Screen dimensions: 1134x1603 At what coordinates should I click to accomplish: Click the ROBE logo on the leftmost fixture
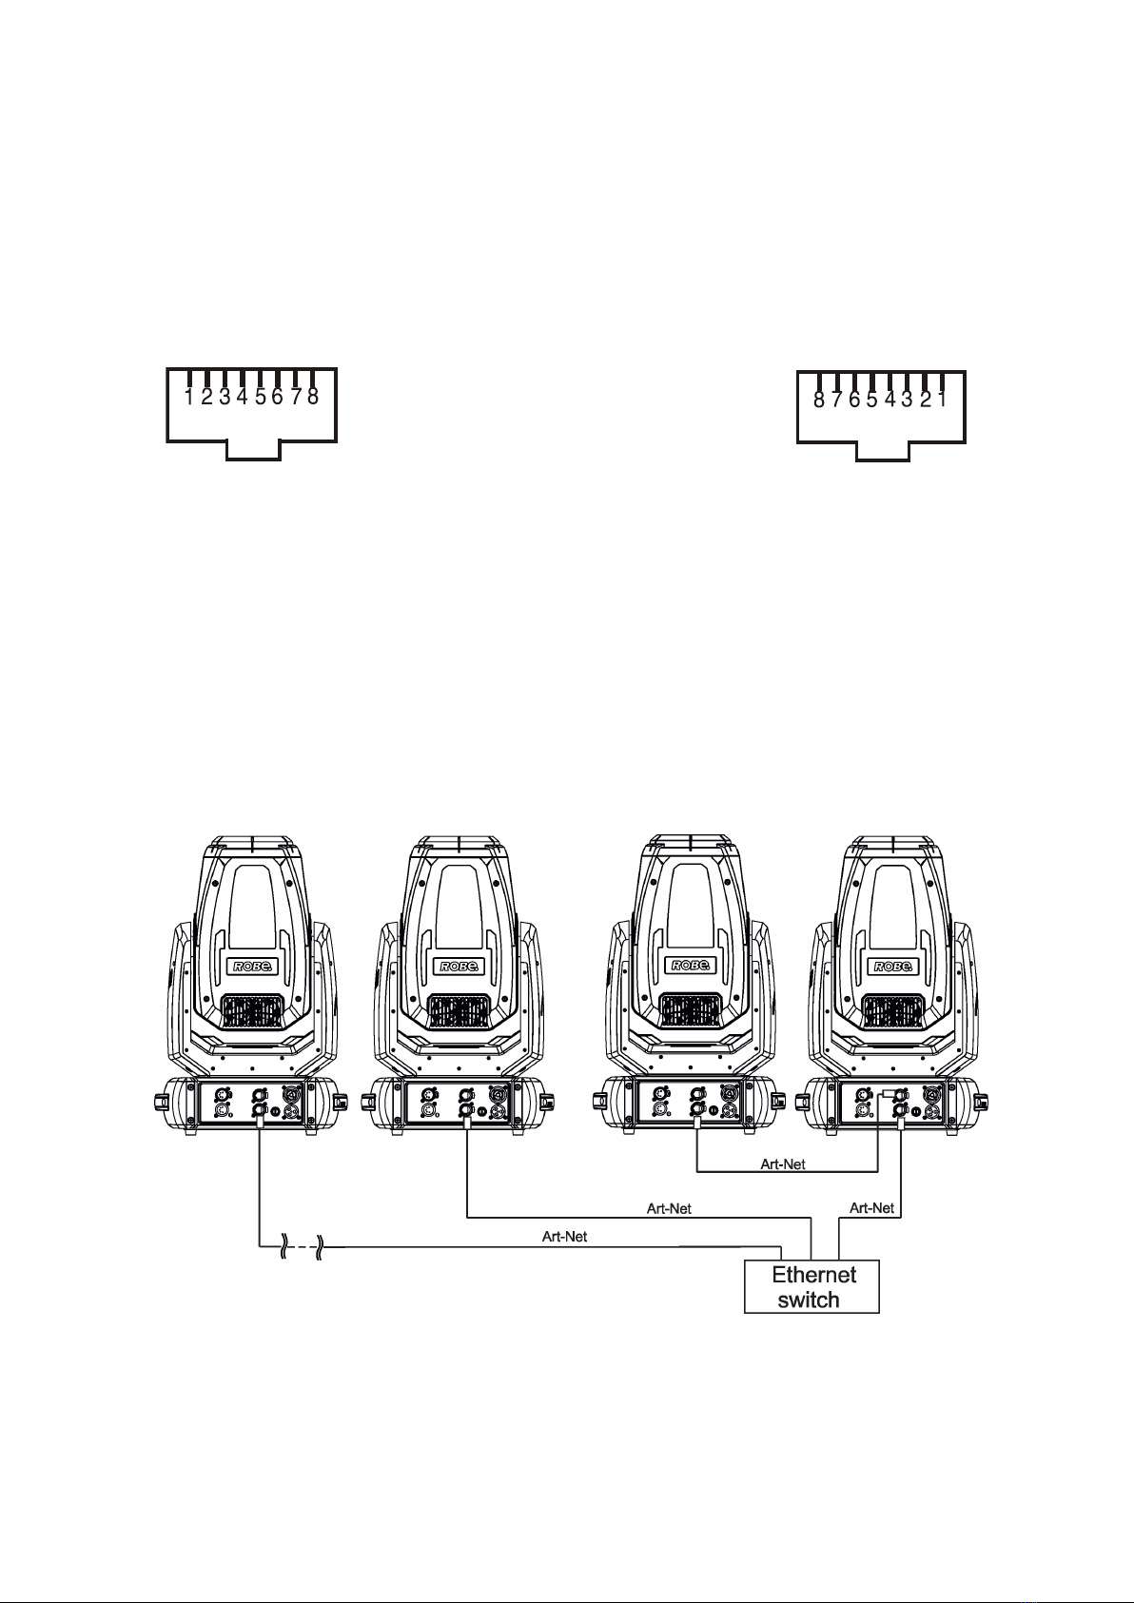click(x=252, y=967)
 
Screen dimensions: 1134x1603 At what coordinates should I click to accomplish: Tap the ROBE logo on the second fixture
click(x=459, y=967)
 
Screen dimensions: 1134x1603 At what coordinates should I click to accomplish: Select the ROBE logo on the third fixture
click(x=691, y=966)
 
